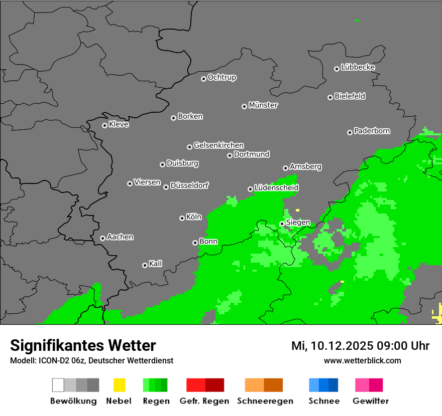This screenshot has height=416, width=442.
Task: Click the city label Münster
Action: click(263, 105)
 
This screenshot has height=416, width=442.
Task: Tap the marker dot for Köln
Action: click(182, 218)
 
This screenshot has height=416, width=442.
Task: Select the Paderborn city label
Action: click(372, 131)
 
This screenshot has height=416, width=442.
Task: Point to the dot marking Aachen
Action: click(102, 238)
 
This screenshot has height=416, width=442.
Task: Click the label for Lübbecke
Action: click(358, 67)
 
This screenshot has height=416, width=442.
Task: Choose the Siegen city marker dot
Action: click(282, 224)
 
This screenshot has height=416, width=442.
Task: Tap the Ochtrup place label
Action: click(222, 78)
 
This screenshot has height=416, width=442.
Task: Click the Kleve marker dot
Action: click(104, 125)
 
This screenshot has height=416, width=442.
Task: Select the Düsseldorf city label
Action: click(189, 185)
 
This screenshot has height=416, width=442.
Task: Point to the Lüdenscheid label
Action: click(276, 188)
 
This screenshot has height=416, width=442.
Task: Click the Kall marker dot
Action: click(145, 265)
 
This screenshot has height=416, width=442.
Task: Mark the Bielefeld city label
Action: click(350, 96)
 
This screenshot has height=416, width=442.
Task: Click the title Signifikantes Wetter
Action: click(83, 345)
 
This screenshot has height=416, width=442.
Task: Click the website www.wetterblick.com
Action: click(362, 360)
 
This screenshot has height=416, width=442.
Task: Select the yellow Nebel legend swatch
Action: click(119, 385)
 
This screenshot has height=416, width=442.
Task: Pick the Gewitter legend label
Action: click(371, 401)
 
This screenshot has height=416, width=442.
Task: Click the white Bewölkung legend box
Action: click(58, 385)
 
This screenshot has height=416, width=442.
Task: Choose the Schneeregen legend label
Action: click(265, 401)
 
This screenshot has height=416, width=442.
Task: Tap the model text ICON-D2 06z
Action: click(61, 360)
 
